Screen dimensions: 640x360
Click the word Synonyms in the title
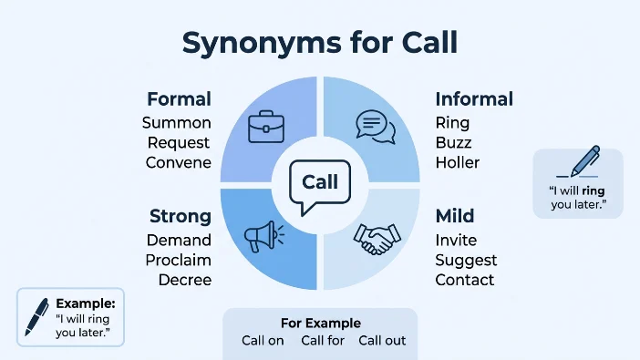262,44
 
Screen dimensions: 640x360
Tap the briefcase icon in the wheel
266,127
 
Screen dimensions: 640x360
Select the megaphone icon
264,236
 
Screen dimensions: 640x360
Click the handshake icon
377,239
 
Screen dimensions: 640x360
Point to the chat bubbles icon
376,127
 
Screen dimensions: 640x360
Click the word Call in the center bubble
320,182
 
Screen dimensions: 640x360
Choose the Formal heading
180,99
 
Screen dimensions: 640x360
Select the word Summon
177,123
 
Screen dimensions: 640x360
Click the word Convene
179,162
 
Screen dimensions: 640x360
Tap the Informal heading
474,99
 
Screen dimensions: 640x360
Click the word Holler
458,162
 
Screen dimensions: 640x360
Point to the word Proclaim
179,260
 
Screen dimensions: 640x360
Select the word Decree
185,280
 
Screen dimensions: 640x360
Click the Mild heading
455,216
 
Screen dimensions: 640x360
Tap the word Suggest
466,261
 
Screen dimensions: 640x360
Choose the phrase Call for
323,341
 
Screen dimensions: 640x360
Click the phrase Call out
382,341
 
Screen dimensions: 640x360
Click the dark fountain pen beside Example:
36,317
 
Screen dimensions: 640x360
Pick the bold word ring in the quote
594,191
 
